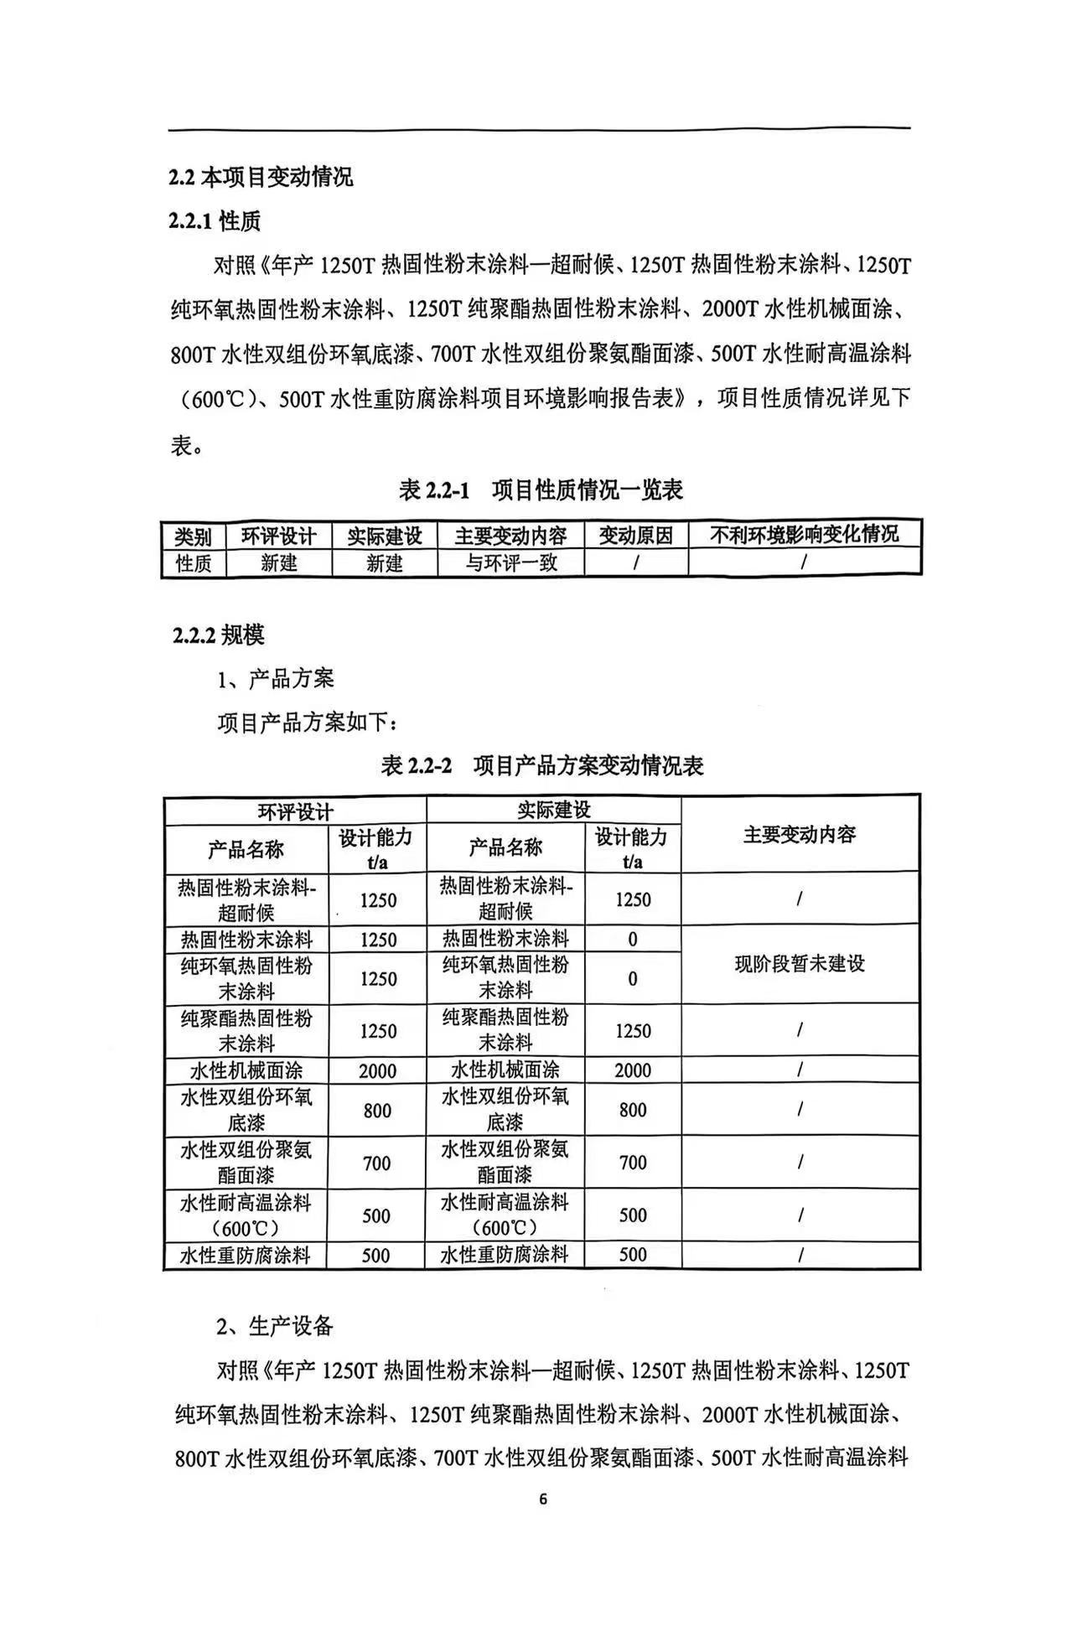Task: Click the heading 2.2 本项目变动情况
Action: (261, 177)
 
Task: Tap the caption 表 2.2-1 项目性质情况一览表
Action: (541, 489)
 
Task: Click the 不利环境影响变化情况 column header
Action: (804, 535)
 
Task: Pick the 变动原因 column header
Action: (635, 536)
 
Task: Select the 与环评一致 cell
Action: (510, 562)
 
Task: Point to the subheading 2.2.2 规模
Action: (219, 635)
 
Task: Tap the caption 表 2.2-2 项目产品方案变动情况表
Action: (541, 764)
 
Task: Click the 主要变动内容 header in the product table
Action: (800, 834)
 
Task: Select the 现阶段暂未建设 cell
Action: (800, 963)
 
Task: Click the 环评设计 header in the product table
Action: (295, 811)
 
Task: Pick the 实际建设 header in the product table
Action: (553, 810)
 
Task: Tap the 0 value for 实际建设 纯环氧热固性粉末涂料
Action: (633, 978)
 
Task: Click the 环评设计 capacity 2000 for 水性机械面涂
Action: (377, 1070)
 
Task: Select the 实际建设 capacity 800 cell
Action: (633, 1110)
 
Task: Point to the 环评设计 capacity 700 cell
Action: (377, 1163)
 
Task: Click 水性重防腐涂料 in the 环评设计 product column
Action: (246, 1256)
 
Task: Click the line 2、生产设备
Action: (275, 1325)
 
